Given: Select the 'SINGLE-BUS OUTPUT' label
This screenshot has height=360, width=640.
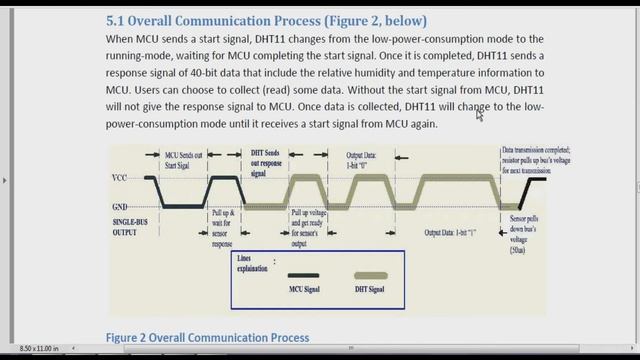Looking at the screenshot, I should point(133,225).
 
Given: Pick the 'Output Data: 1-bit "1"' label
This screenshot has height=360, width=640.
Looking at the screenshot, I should point(451,233).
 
